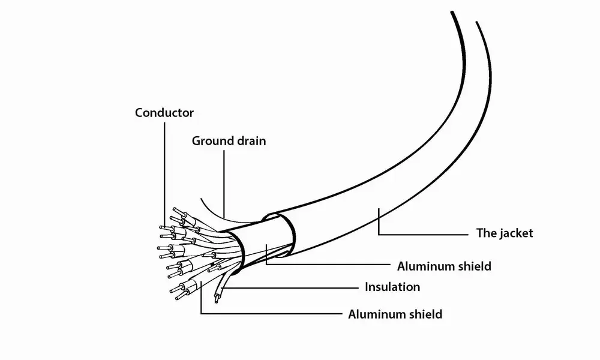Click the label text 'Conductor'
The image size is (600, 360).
point(164,112)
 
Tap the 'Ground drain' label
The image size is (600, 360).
point(229,142)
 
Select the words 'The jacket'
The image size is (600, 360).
point(504,233)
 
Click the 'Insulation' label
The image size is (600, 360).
point(392,287)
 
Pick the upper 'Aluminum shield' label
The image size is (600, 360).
point(444,266)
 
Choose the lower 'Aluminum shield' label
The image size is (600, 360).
point(395,314)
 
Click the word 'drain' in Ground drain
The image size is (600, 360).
point(250,142)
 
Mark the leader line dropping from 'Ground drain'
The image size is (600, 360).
point(224,180)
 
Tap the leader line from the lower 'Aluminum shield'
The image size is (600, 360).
point(270,314)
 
